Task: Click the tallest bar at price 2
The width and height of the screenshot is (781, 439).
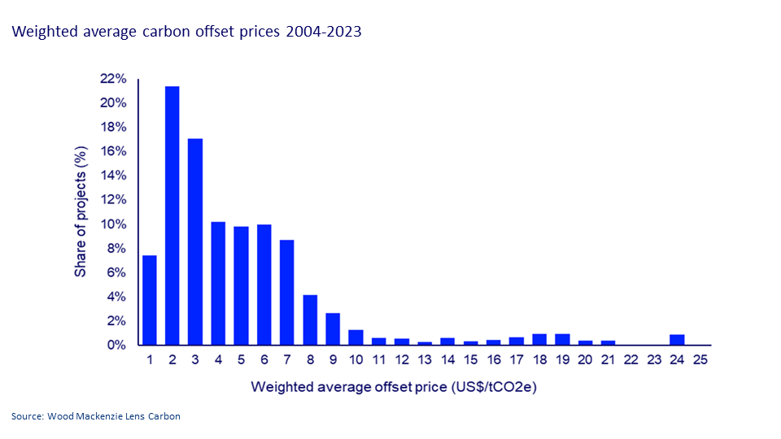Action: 172,215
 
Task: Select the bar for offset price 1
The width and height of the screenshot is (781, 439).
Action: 149,300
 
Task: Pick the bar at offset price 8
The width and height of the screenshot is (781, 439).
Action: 310,319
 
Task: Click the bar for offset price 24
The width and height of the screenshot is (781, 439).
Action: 677,340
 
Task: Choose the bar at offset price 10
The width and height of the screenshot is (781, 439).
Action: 356,337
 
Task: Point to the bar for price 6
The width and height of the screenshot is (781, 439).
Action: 264,285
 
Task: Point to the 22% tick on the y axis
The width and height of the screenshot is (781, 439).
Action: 113,79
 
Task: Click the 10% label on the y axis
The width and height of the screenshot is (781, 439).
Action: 113,224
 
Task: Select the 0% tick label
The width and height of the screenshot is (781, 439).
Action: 116,346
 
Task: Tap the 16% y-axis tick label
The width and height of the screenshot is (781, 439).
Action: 113,151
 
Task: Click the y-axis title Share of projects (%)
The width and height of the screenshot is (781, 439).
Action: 81,212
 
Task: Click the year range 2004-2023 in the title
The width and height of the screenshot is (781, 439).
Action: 325,33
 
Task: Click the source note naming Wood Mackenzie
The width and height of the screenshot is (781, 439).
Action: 96,416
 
